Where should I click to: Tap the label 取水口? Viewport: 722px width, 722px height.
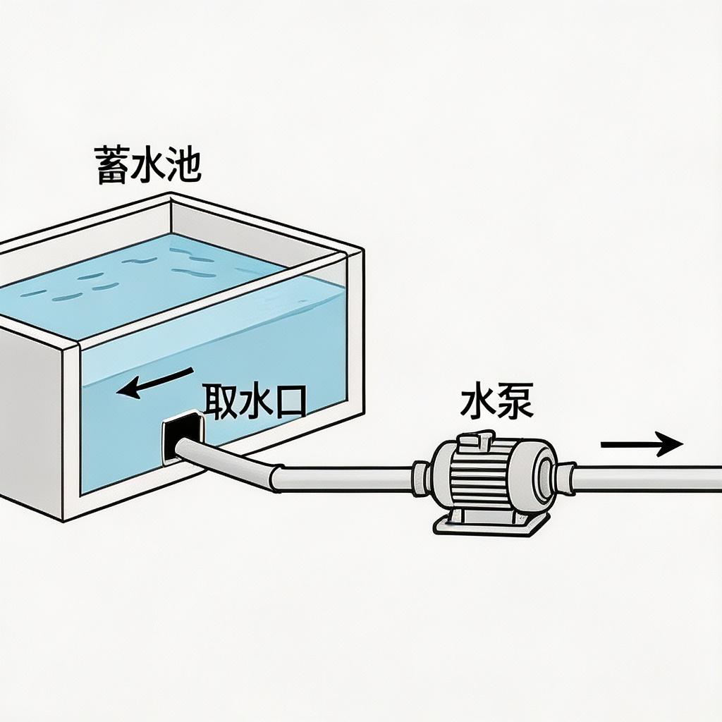[255, 401]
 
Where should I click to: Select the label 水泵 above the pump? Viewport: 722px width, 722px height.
[496, 402]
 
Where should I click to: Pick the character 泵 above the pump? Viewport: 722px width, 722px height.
[515, 402]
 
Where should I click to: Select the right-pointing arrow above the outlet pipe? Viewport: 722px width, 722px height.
[642, 444]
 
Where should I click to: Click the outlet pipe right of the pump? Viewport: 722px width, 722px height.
[649, 477]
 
